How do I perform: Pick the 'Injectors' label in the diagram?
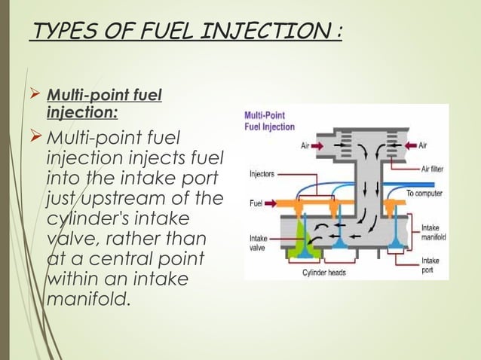click(x=262, y=173)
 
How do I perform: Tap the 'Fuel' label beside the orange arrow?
click(x=255, y=203)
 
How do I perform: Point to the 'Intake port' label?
click(x=431, y=263)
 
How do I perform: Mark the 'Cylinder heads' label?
click(x=324, y=272)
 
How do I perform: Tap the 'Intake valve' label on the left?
click(x=258, y=243)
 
